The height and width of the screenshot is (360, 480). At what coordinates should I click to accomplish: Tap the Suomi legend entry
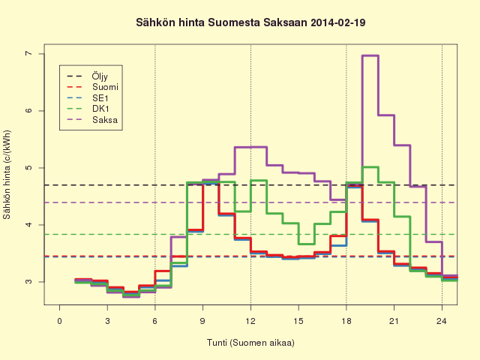(92, 87)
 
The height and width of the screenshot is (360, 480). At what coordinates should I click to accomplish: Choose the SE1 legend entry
(88, 98)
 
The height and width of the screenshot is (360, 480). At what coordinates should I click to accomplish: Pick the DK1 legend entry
(88, 109)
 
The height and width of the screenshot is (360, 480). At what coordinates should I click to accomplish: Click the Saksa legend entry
(92, 120)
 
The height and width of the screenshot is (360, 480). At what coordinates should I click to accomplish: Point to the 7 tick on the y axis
(28, 53)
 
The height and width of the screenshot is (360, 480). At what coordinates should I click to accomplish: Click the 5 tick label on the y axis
(28, 168)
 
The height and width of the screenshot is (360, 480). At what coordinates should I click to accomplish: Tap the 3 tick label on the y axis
(28, 282)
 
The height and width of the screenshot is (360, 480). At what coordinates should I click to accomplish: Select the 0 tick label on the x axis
(59, 321)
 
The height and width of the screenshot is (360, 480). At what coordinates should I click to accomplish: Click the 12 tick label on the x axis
(250, 321)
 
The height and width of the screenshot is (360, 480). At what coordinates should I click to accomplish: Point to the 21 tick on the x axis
(394, 321)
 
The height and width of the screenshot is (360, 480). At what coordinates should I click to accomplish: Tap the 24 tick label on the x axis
(442, 321)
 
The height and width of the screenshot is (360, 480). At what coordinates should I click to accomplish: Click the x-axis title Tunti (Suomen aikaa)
(250, 343)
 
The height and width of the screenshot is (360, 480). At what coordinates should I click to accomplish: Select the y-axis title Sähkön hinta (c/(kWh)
(7, 175)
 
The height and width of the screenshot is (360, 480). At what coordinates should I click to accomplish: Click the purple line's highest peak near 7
(370, 55)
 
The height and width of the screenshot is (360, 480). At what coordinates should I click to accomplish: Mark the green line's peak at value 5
(370, 167)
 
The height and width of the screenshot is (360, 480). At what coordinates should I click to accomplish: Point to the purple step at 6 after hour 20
(386, 115)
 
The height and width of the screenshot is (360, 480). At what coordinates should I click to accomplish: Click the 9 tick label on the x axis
(202, 321)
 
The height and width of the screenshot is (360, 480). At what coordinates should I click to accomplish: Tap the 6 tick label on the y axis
(28, 110)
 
